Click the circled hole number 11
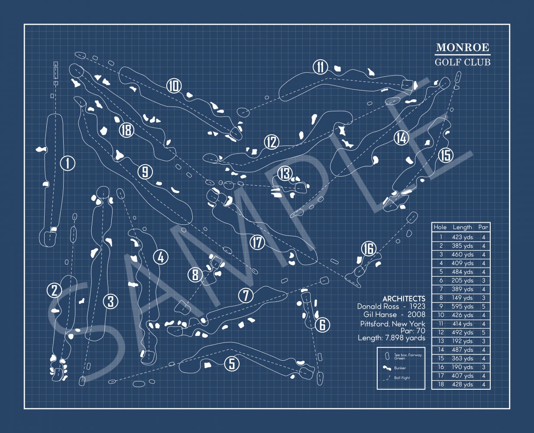(x=320, y=67)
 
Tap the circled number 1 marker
(x=68, y=163)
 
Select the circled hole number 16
(x=369, y=249)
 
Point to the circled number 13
(x=285, y=174)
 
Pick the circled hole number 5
(x=232, y=364)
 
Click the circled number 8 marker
(x=195, y=275)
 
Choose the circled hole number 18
(x=126, y=130)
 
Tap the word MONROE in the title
(x=462, y=48)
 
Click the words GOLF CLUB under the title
(x=463, y=62)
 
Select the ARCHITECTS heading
(x=404, y=299)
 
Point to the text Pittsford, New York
(x=392, y=324)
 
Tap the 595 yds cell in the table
(x=462, y=307)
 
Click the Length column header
(x=462, y=227)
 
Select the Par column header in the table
(x=483, y=227)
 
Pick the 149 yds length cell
(x=462, y=298)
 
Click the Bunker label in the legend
(x=400, y=368)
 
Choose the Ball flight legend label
(x=402, y=378)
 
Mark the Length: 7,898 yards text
(x=392, y=338)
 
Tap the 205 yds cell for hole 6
(x=462, y=281)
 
